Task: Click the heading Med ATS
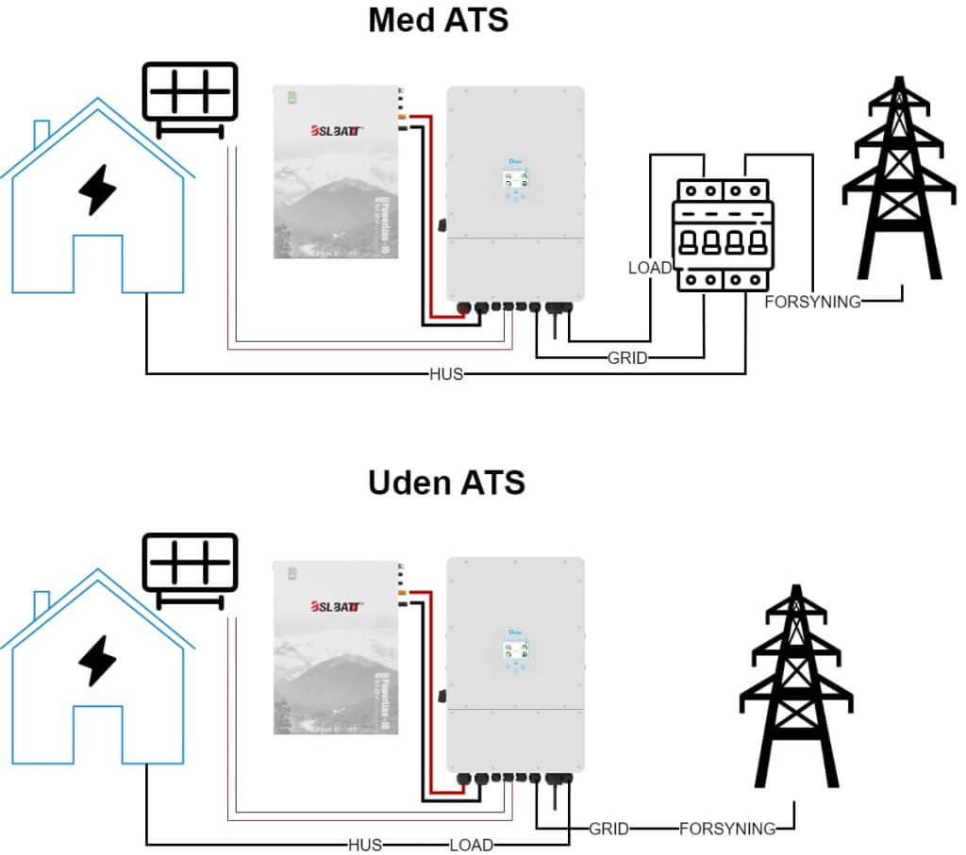[438, 21]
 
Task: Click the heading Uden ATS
[446, 483]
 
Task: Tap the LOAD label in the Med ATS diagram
[649, 269]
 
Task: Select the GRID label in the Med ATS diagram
[627, 358]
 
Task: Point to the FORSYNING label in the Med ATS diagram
[812, 303]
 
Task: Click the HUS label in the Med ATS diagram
[446, 374]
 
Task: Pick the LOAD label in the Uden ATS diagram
[471, 845]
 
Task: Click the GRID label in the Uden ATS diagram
[608, 830]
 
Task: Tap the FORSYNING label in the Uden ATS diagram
[726, 830]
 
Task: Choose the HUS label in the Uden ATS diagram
[365, 845]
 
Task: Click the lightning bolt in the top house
[97, 190]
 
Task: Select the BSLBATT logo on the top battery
[335, 131]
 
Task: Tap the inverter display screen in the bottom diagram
[514, 648]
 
